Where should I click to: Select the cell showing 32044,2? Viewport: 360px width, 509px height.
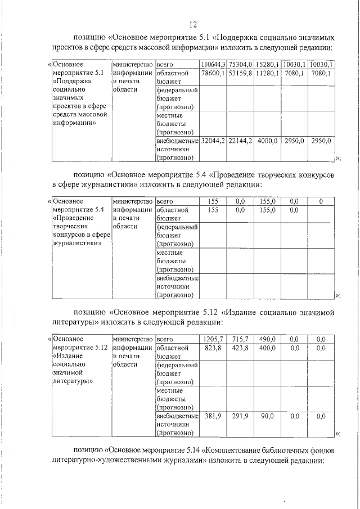pyautogui.click(x=214, y=141)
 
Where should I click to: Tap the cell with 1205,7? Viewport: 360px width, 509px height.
pyautogui.click(x=214, y=339)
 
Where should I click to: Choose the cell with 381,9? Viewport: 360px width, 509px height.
pyautogui.click(x=214, y=416)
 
